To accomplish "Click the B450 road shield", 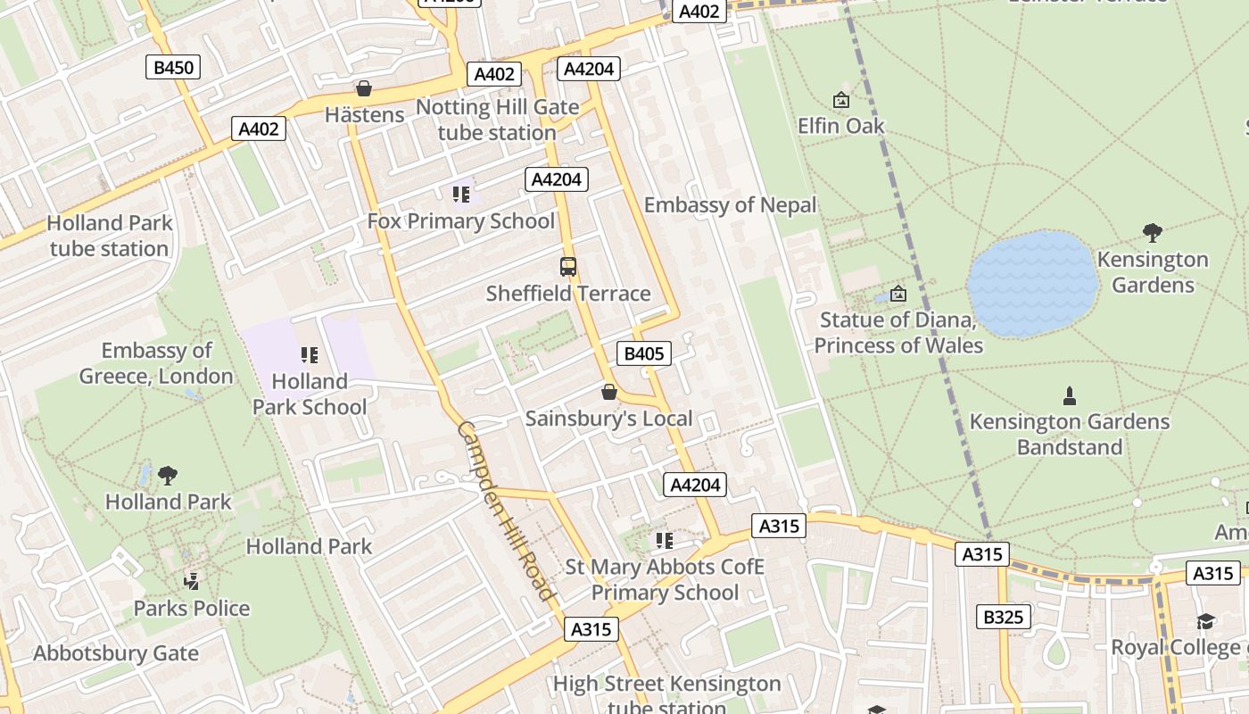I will [x=173, y=67].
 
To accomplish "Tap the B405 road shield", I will [x=644, y=353].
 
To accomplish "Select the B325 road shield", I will [x=1003, y=616].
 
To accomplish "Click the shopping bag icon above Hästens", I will [x=364, y=88].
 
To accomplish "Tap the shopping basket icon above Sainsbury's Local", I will [x=609, y=392].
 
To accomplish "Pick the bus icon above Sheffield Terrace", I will [x=567, y=266].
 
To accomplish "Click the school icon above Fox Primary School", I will [x=460, y=194].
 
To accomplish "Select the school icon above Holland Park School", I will [x=310, y=355].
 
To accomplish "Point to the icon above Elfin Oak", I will [x=840, y=99].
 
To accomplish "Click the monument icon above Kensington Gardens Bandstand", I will [x=1069, y=394].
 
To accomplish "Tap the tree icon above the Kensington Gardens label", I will [x=1152, y=233].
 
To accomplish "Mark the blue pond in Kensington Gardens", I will [x=1032, y=284].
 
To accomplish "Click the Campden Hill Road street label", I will [x=506, y=511].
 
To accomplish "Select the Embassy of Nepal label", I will [x=730, y=205].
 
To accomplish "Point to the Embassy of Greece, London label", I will [x=156, y=363].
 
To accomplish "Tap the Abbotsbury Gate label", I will [x=116, y=653].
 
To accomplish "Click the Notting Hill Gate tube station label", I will [x=497, y=120].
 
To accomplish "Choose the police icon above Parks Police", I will [x=191, y=582].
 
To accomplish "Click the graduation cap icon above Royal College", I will [x=1205, y=621].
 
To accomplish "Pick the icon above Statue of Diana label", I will [x=898, y=293].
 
